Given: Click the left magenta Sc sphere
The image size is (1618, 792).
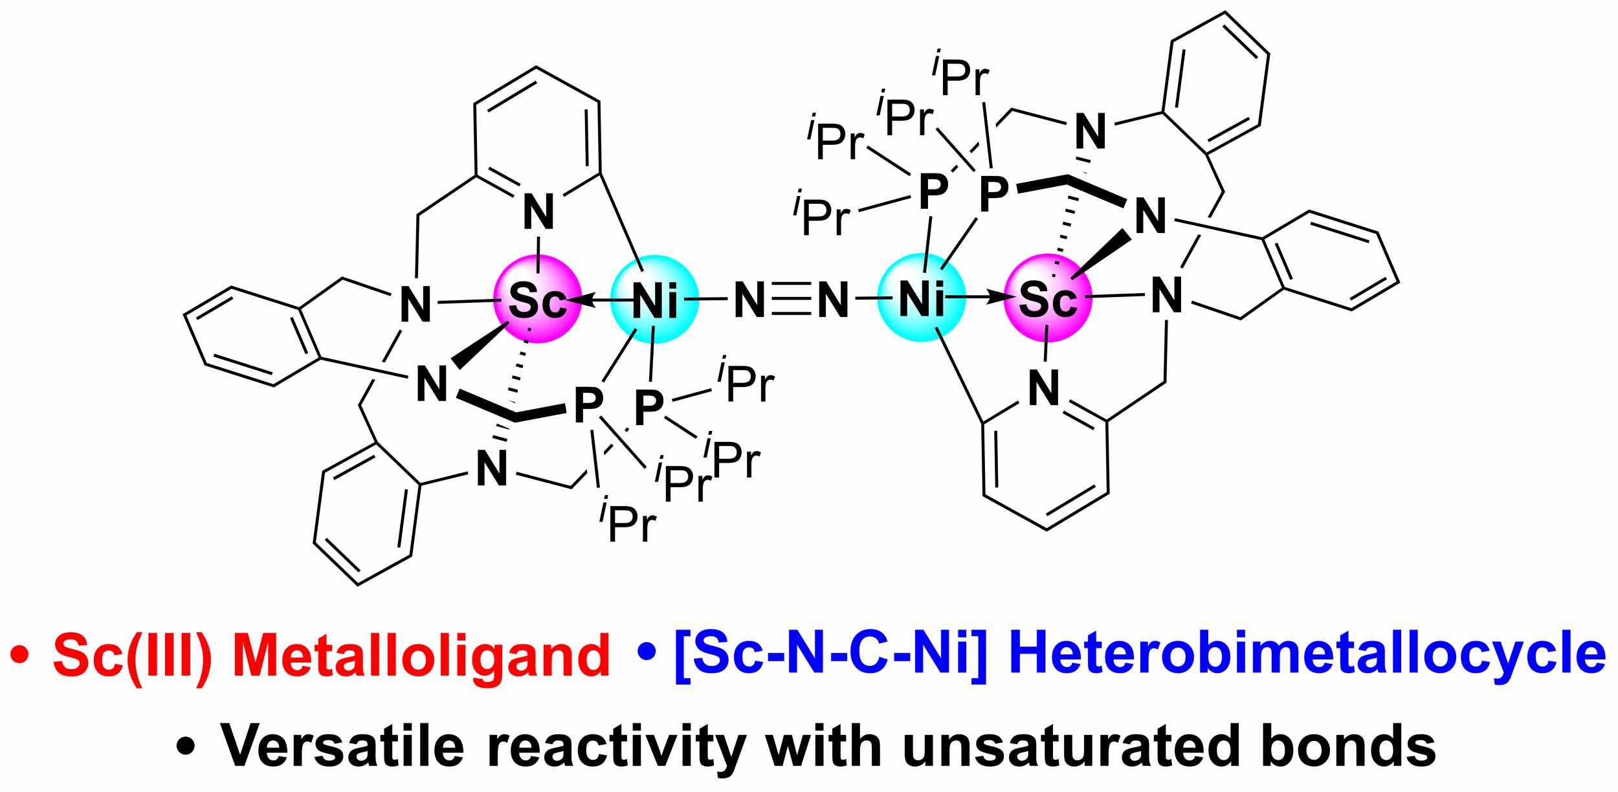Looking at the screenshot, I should click(537, 299).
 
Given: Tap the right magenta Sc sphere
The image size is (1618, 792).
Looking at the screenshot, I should click(1048, 298).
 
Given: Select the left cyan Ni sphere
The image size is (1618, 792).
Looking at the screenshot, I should click(654, 300).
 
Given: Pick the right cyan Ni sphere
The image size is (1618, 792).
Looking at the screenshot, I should click(921, 298).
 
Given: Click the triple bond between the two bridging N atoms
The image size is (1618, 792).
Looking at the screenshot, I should click(791, 299).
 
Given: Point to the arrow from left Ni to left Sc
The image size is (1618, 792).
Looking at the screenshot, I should click(599, 300).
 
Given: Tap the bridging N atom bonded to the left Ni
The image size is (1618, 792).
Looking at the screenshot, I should click(749, 300).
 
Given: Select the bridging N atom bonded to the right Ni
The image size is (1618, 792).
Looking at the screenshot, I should click(833, 300).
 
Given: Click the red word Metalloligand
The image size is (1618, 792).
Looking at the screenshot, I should click(421, 656).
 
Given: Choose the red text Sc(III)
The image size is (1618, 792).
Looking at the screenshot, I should click(132, 656).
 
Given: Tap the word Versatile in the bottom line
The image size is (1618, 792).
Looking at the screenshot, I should click(342, 745).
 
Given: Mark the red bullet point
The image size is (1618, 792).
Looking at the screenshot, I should click(20, 655).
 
